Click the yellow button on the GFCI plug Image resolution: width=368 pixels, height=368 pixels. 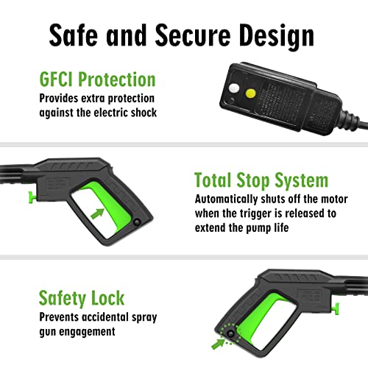coord(250,93)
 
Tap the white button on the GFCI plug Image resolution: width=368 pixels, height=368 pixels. coord(234,88)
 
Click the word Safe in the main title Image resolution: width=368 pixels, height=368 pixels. coord(73,35)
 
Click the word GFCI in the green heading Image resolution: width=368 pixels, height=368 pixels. coord(57,79)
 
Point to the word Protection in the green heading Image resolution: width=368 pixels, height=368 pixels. coord(117,79)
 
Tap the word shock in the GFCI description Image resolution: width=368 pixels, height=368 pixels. coord(144,113)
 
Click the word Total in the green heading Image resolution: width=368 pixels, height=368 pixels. coord(213,180)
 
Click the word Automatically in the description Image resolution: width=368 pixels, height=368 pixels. coord(226,199)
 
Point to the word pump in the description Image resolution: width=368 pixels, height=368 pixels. coord(258,228)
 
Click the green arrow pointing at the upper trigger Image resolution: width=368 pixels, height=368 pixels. coord(97,213)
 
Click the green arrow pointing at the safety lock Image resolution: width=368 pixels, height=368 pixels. coord(219,343)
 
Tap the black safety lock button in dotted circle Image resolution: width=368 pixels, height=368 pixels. coord(230,334)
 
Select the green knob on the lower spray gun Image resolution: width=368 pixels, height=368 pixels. coord(336,308)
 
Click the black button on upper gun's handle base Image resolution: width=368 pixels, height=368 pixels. coord(137,222)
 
